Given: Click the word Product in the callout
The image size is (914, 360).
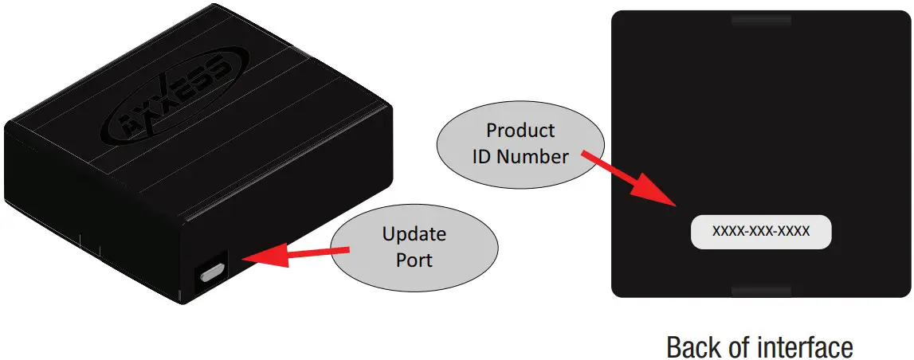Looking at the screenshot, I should [520, 130].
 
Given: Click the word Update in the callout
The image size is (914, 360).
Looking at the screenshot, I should [414, 235].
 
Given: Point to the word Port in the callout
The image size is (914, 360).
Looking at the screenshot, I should [414, 260].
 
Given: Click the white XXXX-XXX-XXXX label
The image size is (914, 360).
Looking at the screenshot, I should [761, 232].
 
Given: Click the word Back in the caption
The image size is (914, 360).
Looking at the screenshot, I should [692, 347].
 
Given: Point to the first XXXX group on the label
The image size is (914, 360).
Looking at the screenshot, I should [728, 232].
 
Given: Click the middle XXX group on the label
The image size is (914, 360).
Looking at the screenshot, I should [760, 232].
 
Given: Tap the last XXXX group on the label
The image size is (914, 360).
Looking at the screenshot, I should [794, 232].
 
